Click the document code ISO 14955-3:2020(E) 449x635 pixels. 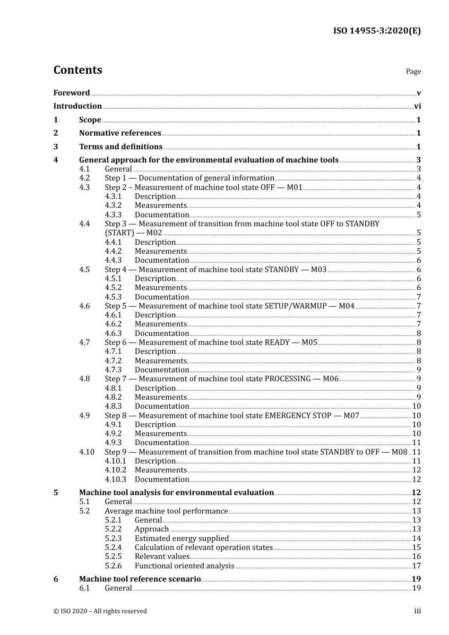click(377, 31)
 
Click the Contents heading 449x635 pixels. click(78, 70)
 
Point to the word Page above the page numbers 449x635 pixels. click(413, 71)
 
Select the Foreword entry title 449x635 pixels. click(71, 93)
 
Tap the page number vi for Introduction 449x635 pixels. click(417, 106)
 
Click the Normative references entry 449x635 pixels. click(120, 133)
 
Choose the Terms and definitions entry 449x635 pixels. click(121, 147)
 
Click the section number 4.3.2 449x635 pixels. click(113, 206)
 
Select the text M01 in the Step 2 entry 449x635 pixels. click(294, 188)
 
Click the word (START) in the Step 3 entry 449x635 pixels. click(120, 233)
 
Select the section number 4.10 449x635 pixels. click(86, 452)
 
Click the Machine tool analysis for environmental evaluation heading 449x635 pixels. click(176, 493)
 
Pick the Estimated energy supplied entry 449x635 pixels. click(181, 539)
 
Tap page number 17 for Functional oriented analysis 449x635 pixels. click(416, 566)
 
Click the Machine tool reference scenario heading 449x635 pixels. click(140, 579)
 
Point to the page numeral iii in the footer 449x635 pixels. click(417, 611)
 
